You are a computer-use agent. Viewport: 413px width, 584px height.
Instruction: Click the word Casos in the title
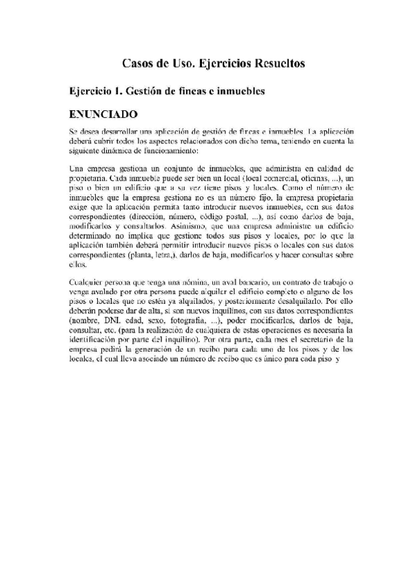[x=137, y=63]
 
